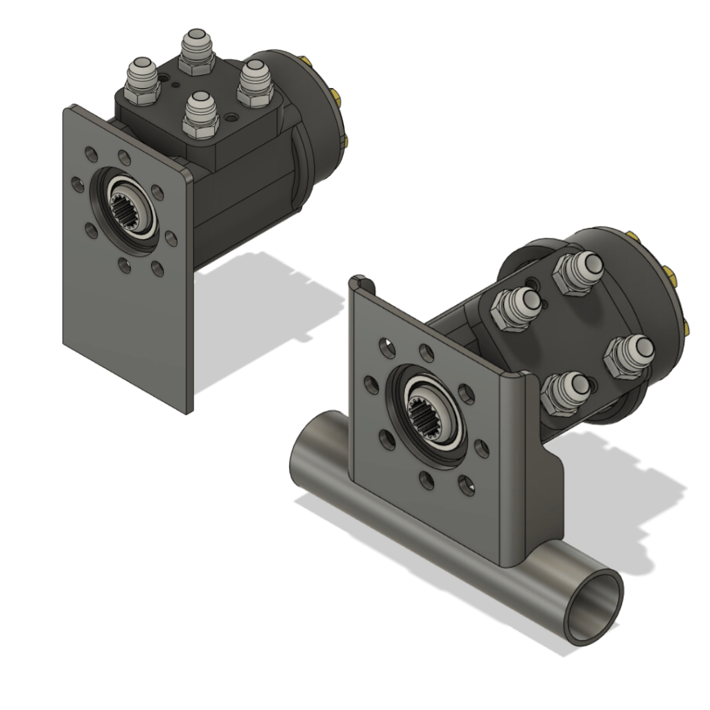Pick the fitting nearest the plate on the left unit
200,112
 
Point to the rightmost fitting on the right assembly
627,354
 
